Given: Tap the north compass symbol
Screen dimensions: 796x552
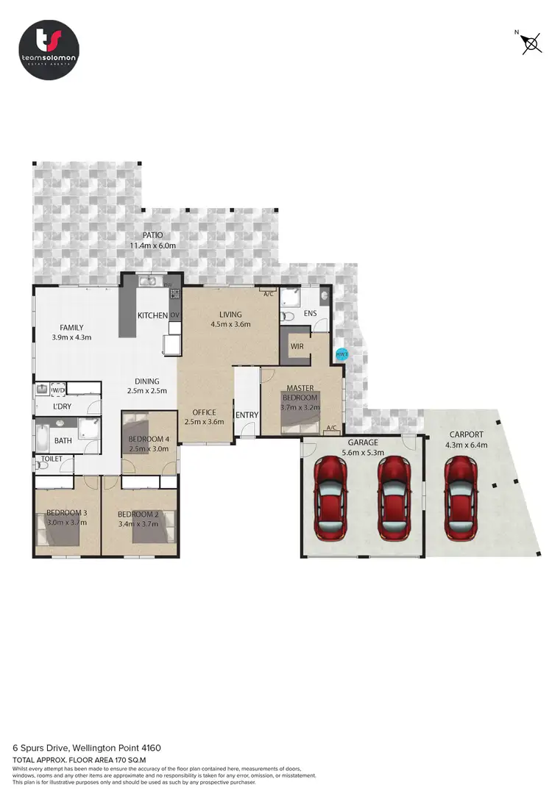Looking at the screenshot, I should pos(530,43).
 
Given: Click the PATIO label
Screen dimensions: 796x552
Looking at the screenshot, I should pos(153,235).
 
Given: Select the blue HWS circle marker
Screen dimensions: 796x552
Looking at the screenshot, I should pos(341,354).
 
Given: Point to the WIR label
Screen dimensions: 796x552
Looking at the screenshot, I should pos(297,345).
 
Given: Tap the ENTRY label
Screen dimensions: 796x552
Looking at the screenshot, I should pos(247,415).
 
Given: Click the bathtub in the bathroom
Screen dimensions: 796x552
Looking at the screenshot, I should pos(41,439).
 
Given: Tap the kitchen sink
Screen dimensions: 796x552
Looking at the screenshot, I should pos(148,280).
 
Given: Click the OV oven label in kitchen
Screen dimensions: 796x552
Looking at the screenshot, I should pos(175,315).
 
